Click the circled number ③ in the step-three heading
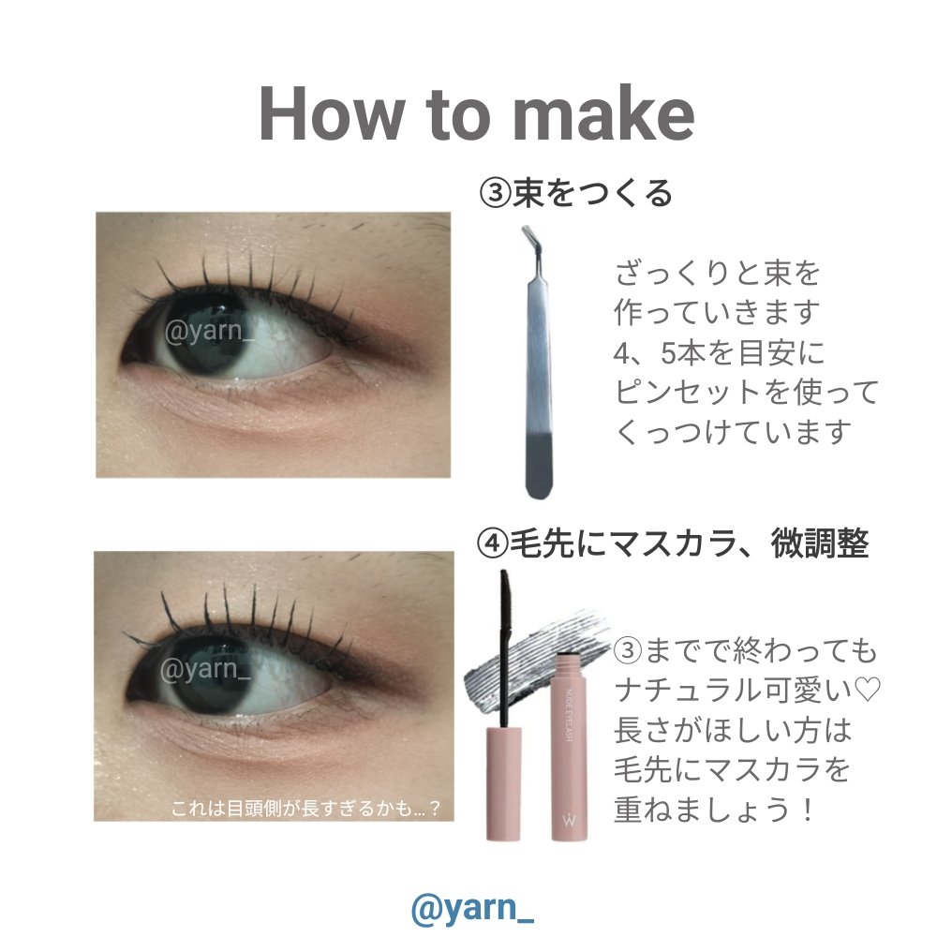[x=495, y=193]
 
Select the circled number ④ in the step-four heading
[x=493, y=544]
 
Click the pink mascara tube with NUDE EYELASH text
[x=567, y=747]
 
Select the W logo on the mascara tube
[x=568, y=819]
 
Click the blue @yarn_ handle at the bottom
[x=472, y=908]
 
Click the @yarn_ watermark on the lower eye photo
[x=205, y=668]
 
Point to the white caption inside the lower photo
[x=305, y=808]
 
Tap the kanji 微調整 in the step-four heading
[x=819, y=544]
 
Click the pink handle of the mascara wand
[x=503, y=782]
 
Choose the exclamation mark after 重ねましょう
[x=808, y=811]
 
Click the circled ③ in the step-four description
[x=629, y=650]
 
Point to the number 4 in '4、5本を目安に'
[x=623, y=353]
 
